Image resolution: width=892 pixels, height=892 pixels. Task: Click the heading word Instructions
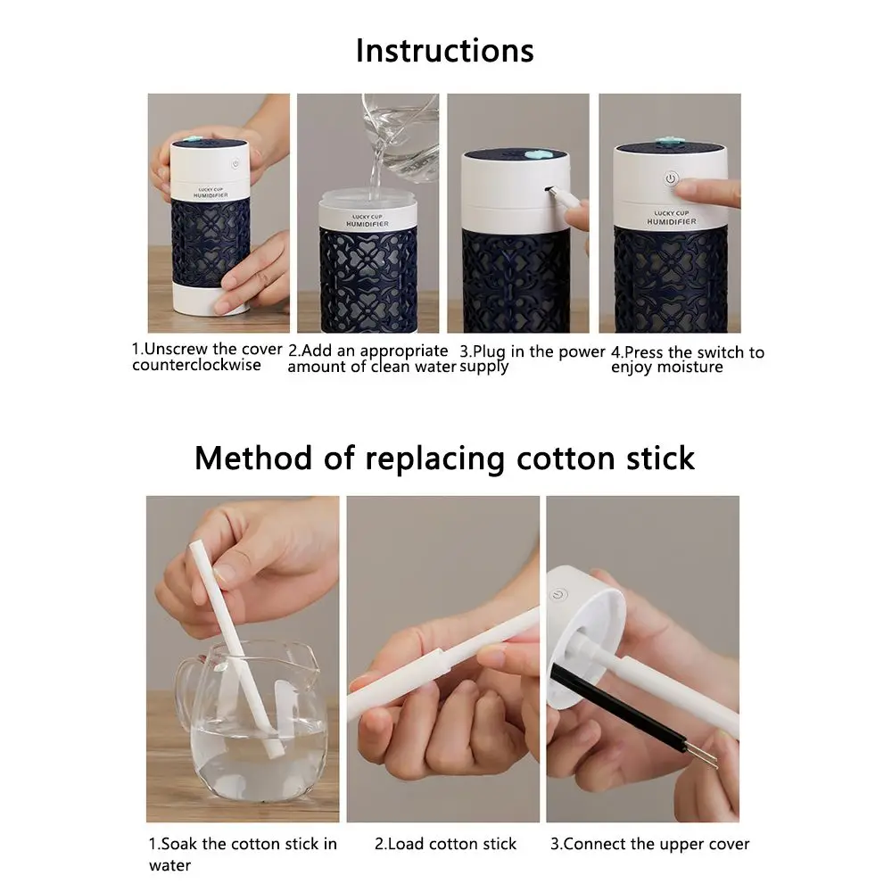(x=445, y=51)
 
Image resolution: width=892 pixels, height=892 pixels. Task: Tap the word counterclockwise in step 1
(x=197, y=365)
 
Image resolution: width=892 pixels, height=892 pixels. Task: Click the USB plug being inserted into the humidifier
(x=566, y=199)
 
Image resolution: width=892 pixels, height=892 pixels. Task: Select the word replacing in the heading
(x=434, y=459)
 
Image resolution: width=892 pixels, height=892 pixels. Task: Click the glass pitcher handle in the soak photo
(x=186, y=681)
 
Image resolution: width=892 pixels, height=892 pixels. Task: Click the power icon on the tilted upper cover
(x=558, y=595)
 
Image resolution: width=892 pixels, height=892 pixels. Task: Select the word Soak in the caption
(x=179, y=844)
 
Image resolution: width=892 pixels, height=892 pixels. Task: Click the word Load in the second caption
(x=406, y=844)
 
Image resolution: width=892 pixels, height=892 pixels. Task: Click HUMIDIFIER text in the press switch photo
(x=672, y=221)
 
